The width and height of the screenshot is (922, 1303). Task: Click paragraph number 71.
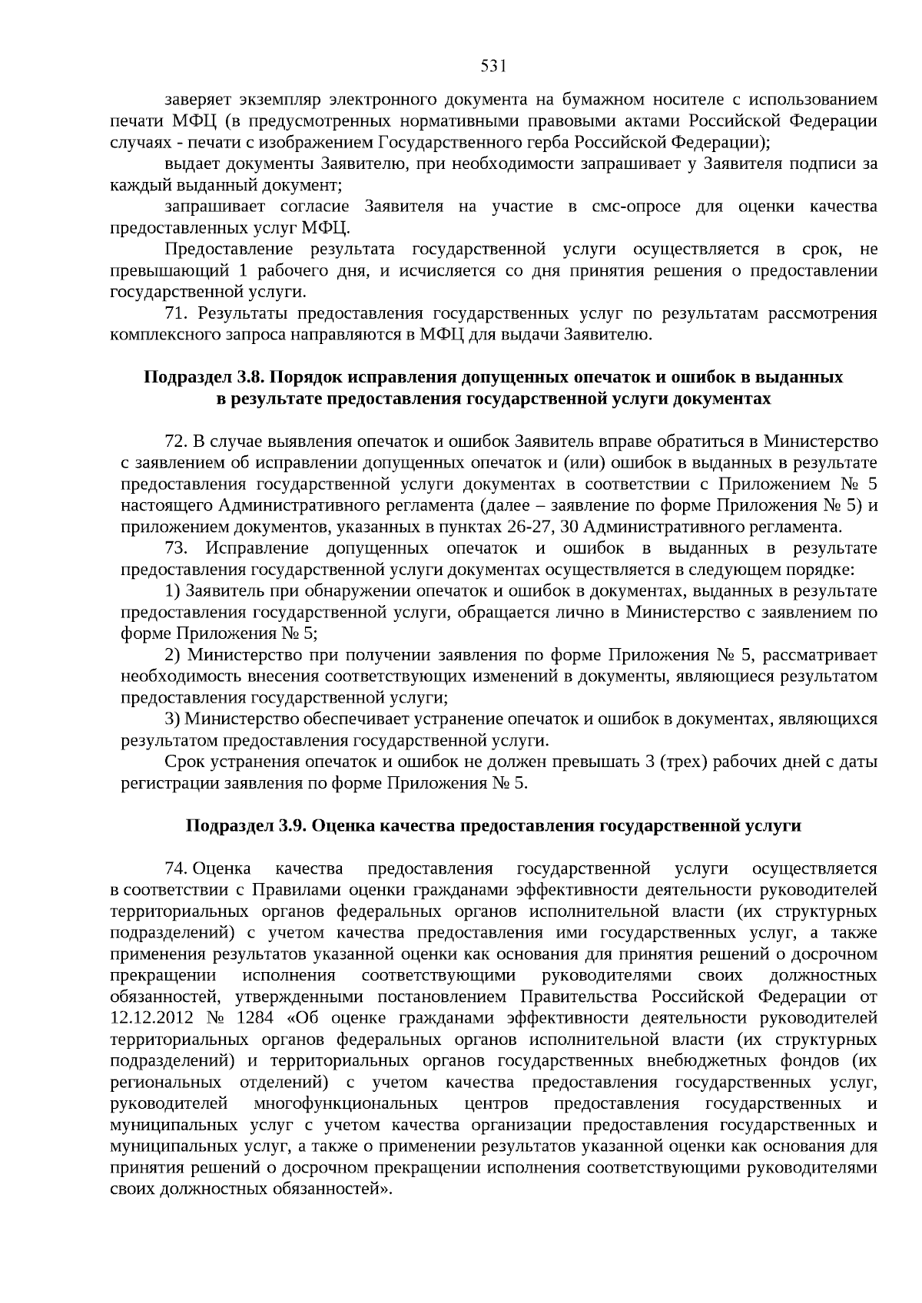176,313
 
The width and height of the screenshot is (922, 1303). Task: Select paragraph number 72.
176,441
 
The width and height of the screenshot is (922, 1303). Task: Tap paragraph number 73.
176,548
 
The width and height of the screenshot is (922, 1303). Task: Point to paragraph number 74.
176,868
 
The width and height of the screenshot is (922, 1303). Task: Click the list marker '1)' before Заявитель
173,591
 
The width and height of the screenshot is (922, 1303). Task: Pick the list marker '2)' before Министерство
173,655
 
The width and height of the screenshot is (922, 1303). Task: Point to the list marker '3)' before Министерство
173,719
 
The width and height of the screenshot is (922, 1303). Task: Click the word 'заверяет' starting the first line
196,100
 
